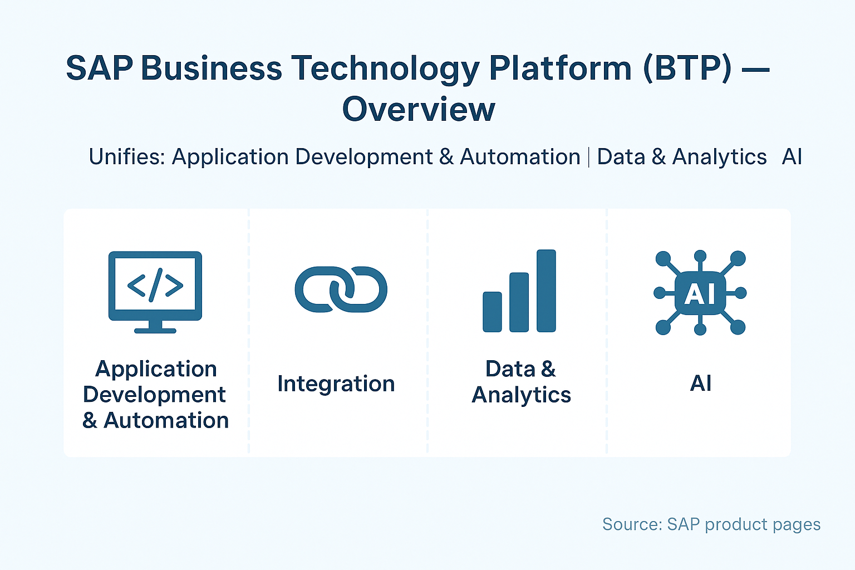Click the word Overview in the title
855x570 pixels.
419,110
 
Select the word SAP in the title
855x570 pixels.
99,68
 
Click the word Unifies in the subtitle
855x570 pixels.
126,157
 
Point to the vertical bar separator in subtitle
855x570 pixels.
588,158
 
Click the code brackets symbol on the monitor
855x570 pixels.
155,285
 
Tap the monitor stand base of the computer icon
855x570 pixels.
155,330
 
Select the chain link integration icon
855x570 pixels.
341,289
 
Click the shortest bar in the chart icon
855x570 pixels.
492,312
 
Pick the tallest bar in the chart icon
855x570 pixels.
546,291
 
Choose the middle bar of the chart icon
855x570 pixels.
519,302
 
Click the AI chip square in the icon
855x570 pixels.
700,293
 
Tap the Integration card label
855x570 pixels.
336,384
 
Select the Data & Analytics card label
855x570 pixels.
521,382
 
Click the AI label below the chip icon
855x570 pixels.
700,384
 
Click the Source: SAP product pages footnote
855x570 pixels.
711,524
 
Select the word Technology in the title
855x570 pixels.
385,68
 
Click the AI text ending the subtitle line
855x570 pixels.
792,157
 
